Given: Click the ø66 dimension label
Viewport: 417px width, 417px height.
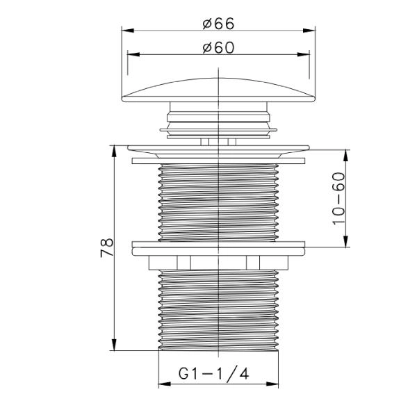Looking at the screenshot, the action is click(x=218, y=24).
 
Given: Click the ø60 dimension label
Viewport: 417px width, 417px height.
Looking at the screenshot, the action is click(x=218, y=47).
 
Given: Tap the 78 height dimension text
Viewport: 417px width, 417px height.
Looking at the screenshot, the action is click(x=107, y=248).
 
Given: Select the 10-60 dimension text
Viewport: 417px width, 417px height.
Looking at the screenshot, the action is click(x=339, y=199).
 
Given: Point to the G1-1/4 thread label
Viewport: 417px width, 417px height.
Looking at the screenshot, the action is click(x=213, y=374).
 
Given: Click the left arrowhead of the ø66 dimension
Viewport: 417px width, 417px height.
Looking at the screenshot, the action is click(x=128, y=31).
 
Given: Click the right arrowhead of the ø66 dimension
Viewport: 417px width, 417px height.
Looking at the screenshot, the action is click(x=309, y=31).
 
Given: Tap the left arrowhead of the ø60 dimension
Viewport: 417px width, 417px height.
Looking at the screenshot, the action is click(x=133, y=54).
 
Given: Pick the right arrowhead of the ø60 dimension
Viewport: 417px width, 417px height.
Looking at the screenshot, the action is click(x=304, y=54).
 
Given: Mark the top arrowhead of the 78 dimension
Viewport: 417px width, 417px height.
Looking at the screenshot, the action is click(x=114, y=151).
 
